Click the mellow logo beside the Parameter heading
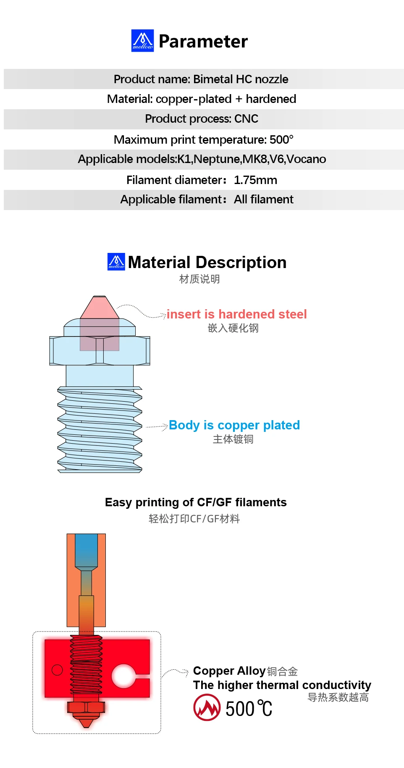pos(142,41)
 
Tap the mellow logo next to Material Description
pos(116,262)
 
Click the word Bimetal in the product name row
pos(213,79)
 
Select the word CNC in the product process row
pos(246,119)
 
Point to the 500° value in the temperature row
pos(281,139)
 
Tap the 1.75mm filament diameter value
pos(255,180)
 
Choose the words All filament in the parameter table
pos(263,200)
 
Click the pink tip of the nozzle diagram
pos(100,308)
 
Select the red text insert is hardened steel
pos(236,314)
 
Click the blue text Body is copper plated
pos(234,425)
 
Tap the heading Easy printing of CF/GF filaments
pos(196,502)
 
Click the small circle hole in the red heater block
pos(57,670)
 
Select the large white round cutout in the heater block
pos(123,676)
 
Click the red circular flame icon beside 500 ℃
pos(207,708)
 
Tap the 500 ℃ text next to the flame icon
pos(249,709)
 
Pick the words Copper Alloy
pos(229,671)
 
